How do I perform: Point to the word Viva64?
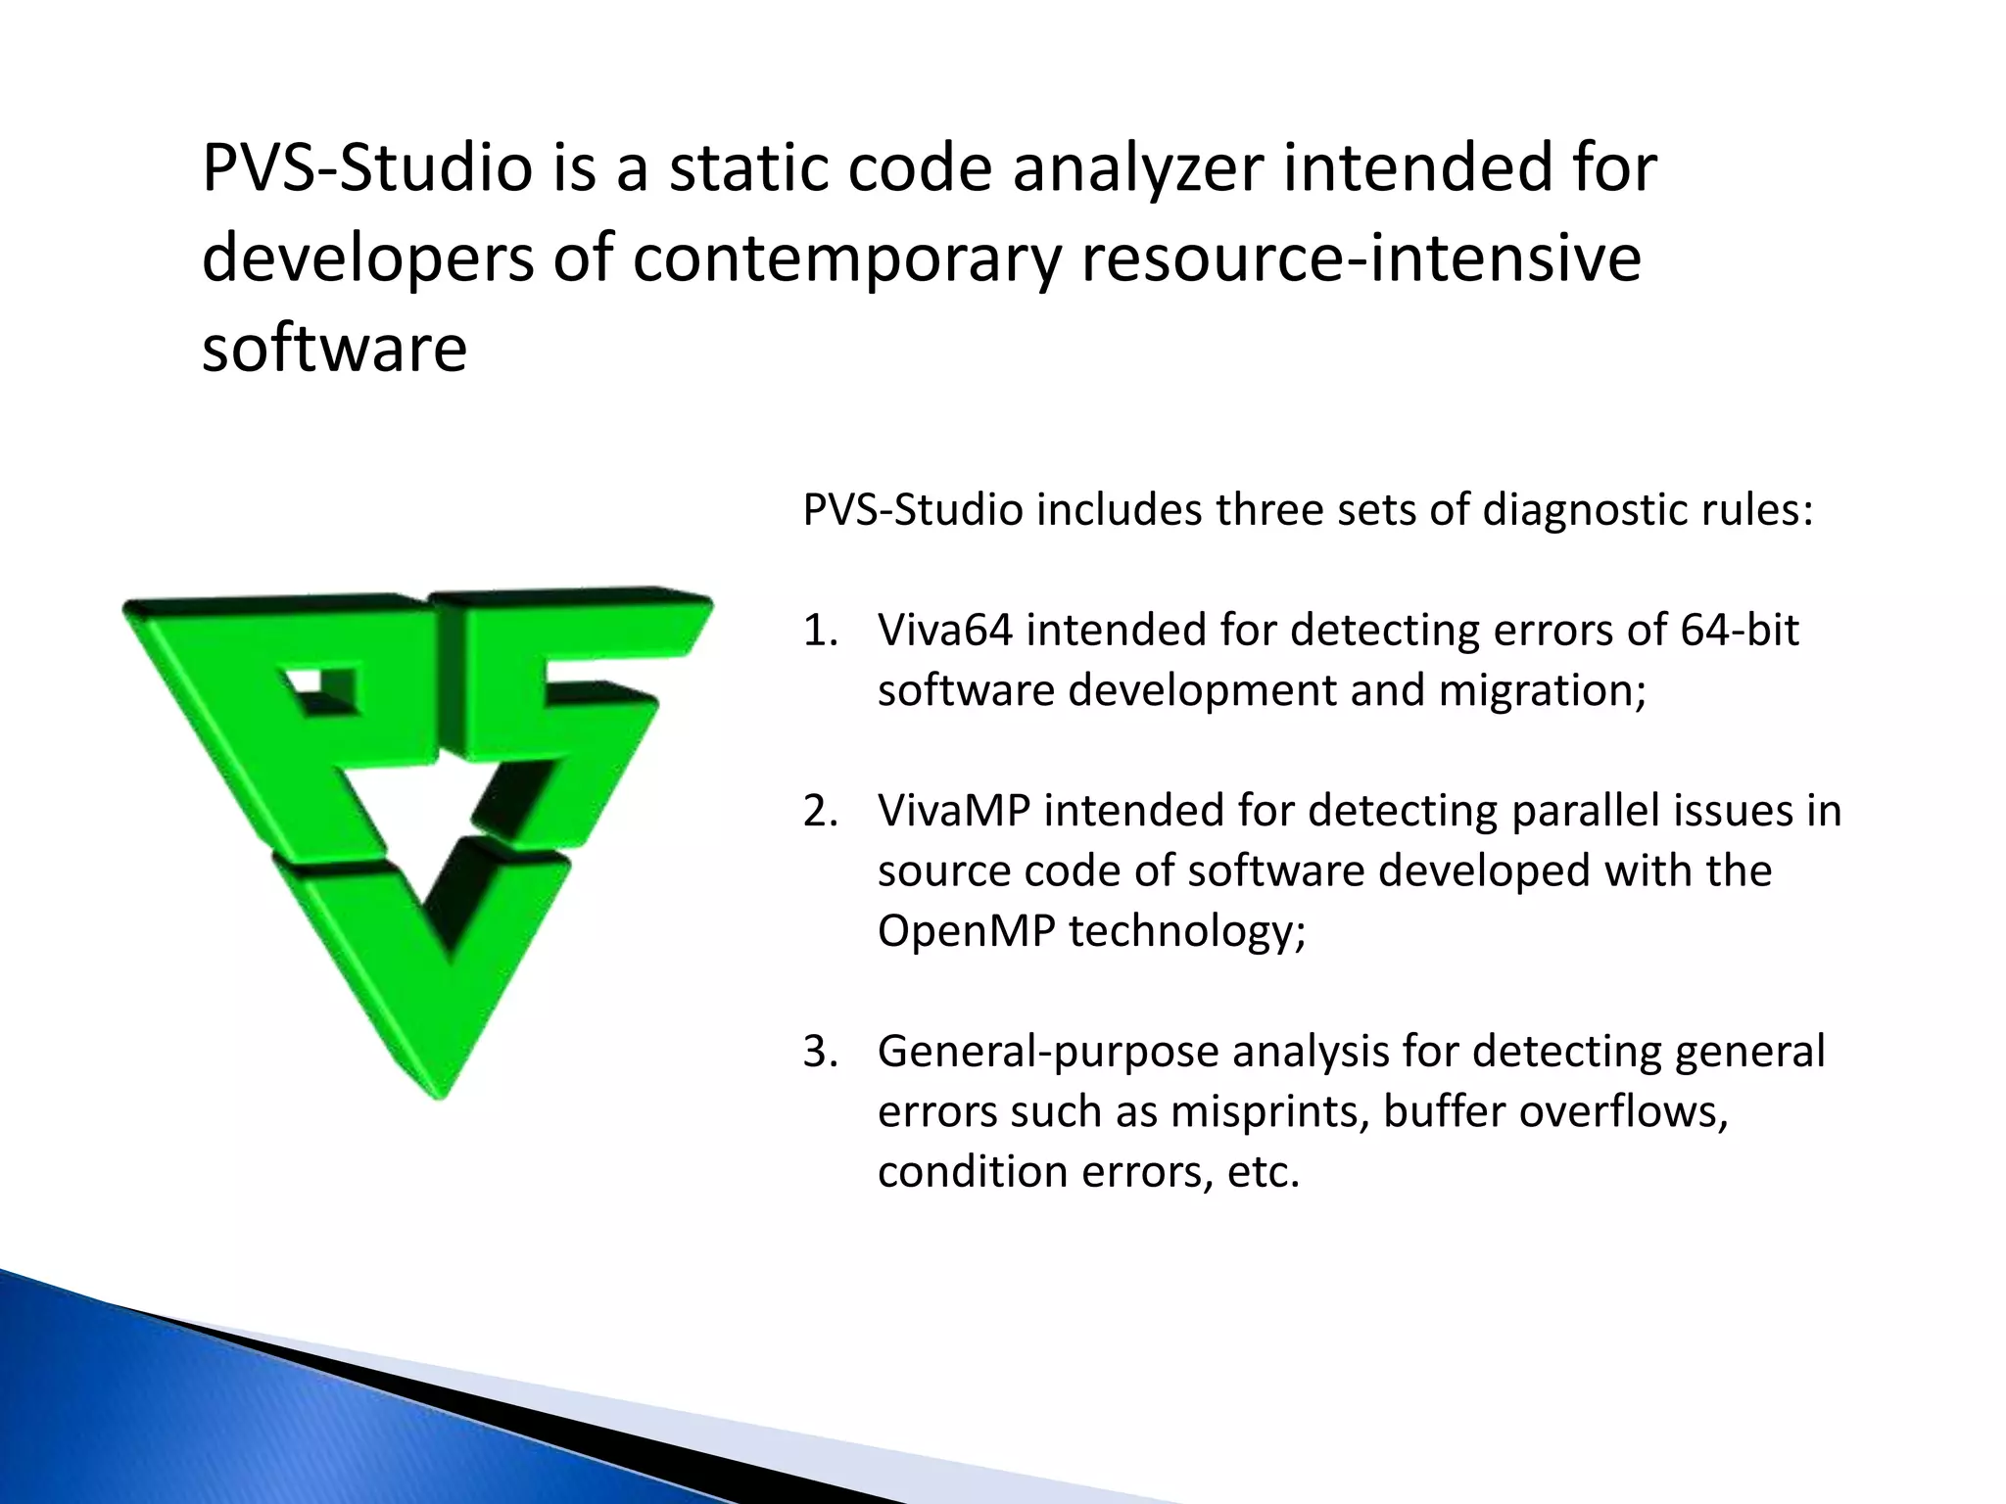click(945, 630)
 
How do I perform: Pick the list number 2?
click(820, 812)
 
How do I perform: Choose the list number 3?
click(820, 1052)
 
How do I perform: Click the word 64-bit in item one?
click(1739, 630)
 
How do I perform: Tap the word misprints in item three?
click(1268, 1111)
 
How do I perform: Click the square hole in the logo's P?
click(323, 690)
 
